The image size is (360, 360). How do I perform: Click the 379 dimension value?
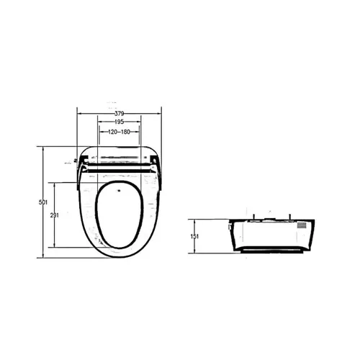(x=119, y=114)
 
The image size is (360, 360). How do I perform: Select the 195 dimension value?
(x=119, y=122)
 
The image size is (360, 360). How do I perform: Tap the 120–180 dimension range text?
(x=119, y=132)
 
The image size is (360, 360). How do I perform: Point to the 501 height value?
(x=43, y=202)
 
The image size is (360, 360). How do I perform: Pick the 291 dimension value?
(x=55, y=215)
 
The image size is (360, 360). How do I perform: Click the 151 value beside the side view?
(x=194, y=236)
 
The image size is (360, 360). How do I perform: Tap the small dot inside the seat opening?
(x=119, y=191)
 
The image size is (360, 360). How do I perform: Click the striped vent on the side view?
(x=302, y=225)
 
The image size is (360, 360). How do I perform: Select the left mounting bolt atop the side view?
(x=253, y=217)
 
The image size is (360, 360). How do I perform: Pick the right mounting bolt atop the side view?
(x=290, y=217)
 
